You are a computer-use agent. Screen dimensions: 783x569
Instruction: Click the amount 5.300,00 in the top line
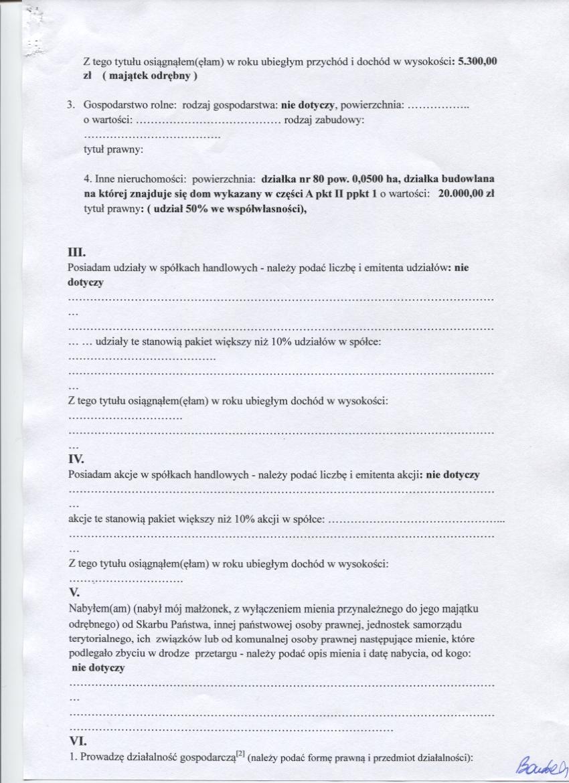point(476,62)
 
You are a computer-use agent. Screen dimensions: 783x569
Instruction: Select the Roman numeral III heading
point(78,252)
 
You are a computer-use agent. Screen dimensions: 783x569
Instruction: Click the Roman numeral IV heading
point(77,460)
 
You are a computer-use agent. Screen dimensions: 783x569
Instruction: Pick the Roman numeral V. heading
point(75,593)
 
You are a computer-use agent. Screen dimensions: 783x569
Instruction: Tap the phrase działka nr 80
point(293,180)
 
